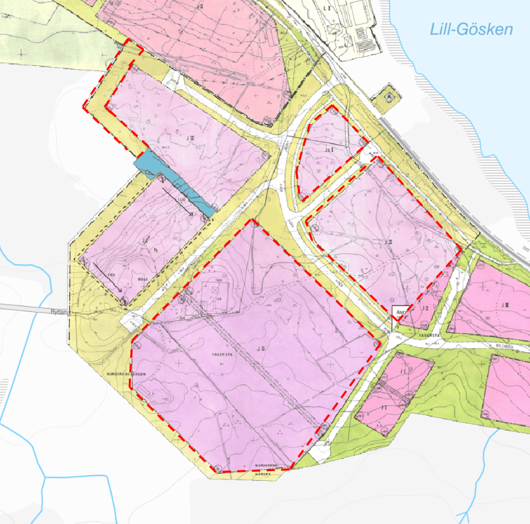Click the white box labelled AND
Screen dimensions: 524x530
[400, 312]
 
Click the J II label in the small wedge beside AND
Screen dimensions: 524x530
[425, 308]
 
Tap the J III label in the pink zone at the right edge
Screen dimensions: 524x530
[505, 305]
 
